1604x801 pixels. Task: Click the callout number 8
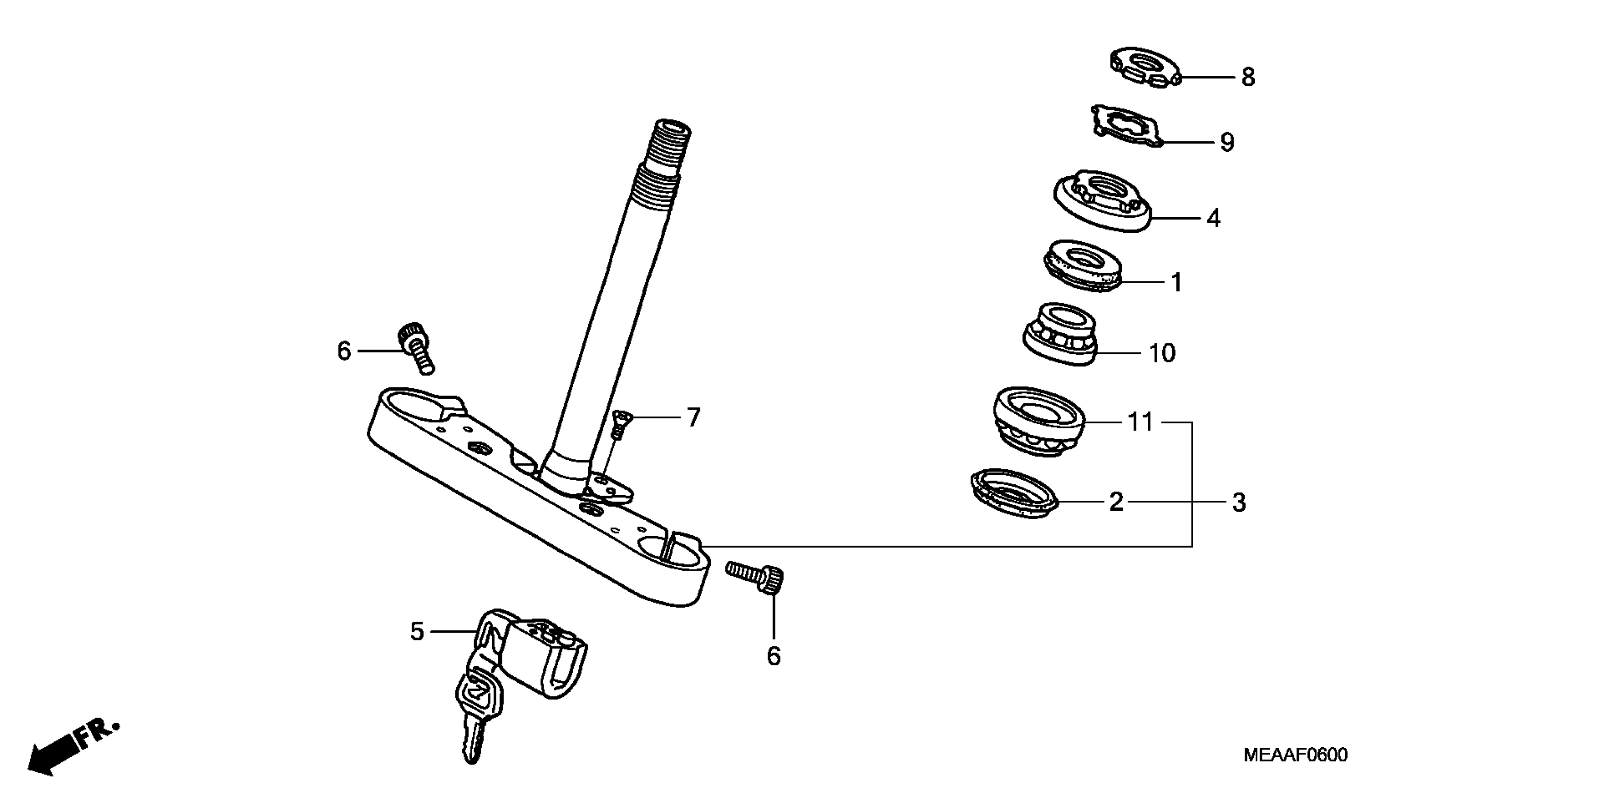click(1248, 78)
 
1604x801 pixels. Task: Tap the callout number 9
click(1226, 142)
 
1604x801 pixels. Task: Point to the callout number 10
click(1162, 353)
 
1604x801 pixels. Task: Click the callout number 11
click(1141, 423)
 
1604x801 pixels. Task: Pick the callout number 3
click(1239, 502)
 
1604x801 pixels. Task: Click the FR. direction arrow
click(68, 750)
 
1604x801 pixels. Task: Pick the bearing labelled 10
click(1060, 334)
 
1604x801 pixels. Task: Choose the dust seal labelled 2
click(1014, 494)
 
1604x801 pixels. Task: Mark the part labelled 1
click(1082, 266)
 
